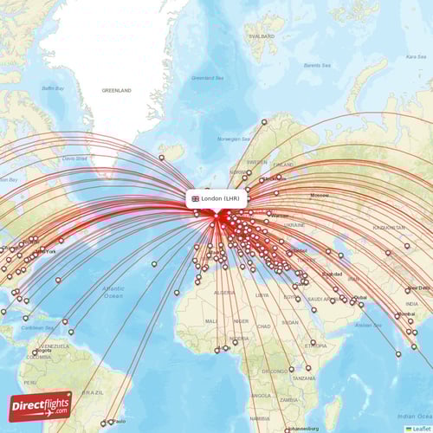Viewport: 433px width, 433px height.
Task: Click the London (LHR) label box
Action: pyautogui.click(x=216, y=198)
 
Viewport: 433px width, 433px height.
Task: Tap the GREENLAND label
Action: pyautogui.click(x=116, y=90)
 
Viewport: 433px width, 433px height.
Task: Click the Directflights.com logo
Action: pyautogui.click(x=41, y=406)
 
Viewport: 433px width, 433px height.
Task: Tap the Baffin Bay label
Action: pyautogui.click(x=54, y=88)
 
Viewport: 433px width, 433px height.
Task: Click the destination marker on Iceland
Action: pyautogui.click(x=161, y=157)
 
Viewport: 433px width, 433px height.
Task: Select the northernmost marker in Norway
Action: pyautogui.click(x=264, y=121)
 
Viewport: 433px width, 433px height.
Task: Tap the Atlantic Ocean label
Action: pyautogui.click(x=113, y=291)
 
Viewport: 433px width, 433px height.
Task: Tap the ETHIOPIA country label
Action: pyautogui.click(x=316, y=346)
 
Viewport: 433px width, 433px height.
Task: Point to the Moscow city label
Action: pyautogui.click(x=320, y=195)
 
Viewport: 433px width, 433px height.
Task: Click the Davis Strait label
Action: pyautogui.click(x=75, y=158)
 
